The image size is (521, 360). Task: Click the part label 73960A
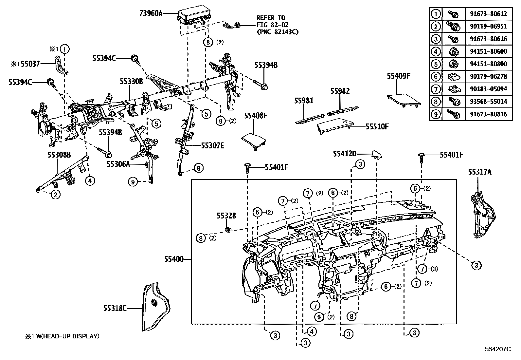(x=151, y=13)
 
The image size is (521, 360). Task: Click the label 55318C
(x=114, y=308)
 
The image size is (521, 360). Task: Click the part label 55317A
(x=479, y=172)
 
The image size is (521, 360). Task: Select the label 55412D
(x=344, y=153)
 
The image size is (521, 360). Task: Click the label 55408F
(x=256, y=116)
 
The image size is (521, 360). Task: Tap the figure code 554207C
(x=497, y=349)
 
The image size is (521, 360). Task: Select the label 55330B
(x=131, y=82)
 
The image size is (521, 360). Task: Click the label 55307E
(x=212, y=145)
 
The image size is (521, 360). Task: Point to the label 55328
(x=226, y=216)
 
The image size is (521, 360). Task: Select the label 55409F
(x=398, y=76)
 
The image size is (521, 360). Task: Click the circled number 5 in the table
(x=436, y=64)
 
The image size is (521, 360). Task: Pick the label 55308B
(x=59, y=155)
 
